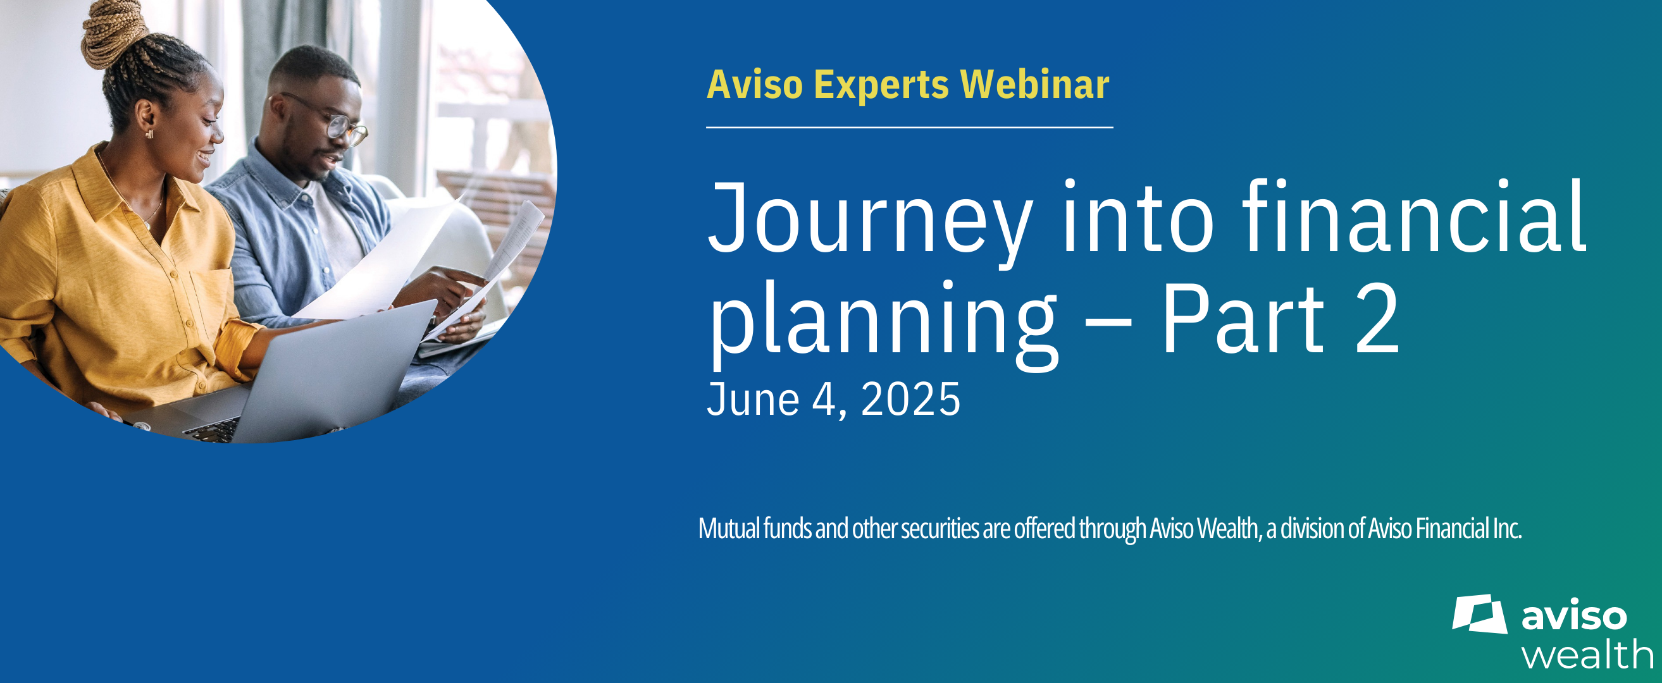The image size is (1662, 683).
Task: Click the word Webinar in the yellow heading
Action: click(1035, 85)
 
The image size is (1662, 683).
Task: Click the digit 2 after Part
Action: click(1377, 321)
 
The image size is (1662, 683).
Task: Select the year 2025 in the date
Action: click(910, 399)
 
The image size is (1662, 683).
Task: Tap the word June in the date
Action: click(753, 399)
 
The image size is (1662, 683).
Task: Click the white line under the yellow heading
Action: click(910, 128)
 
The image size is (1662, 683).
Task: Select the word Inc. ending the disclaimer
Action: click(1507, 529)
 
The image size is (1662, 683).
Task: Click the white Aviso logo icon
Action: click(1480, 614)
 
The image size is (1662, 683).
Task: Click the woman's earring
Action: click(149, 134)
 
